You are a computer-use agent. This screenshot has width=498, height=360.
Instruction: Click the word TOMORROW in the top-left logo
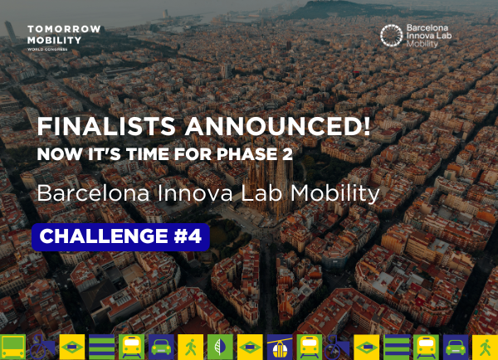coord(64,29)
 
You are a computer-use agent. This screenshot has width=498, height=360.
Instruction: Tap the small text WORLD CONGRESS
coord(47,49)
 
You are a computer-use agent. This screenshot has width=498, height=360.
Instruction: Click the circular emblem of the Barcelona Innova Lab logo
coord(391,36)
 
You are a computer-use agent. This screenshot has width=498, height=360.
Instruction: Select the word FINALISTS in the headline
coord(106,126)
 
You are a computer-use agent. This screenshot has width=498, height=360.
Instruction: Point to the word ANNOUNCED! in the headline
coord(278,126)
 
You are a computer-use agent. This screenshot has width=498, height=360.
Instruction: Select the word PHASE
coord(247,154)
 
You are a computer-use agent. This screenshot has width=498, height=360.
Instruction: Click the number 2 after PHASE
coord(287,154)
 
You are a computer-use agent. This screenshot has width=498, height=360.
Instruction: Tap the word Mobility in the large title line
coord(335,194)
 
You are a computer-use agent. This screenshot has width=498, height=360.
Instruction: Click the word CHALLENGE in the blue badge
coord(104,236)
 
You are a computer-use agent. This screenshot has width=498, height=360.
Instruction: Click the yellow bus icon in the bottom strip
coord(12,347)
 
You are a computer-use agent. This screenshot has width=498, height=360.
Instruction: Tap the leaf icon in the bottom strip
coord(220,347)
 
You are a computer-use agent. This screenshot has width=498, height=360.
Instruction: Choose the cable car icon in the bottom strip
coord(280,347)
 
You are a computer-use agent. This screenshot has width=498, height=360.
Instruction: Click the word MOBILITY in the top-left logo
coord(54,41)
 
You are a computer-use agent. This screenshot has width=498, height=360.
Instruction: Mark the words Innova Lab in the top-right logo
coord(429,36)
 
